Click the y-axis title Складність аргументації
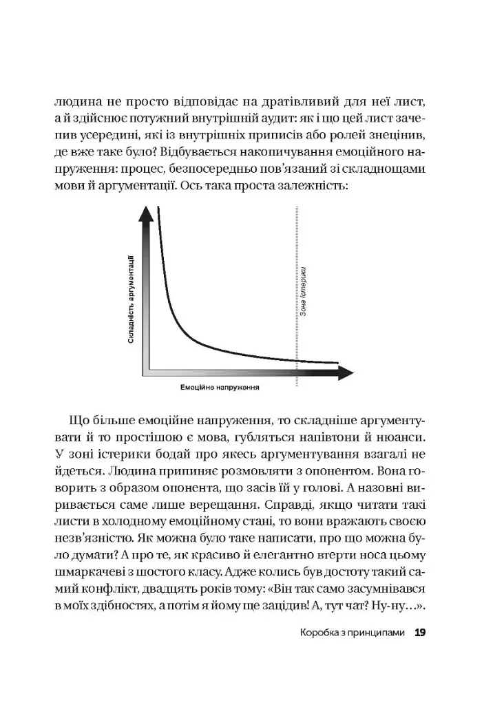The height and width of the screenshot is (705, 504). point(131,299)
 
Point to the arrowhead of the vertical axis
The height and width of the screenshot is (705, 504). point(145,215)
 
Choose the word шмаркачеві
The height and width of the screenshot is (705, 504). point(92,570)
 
